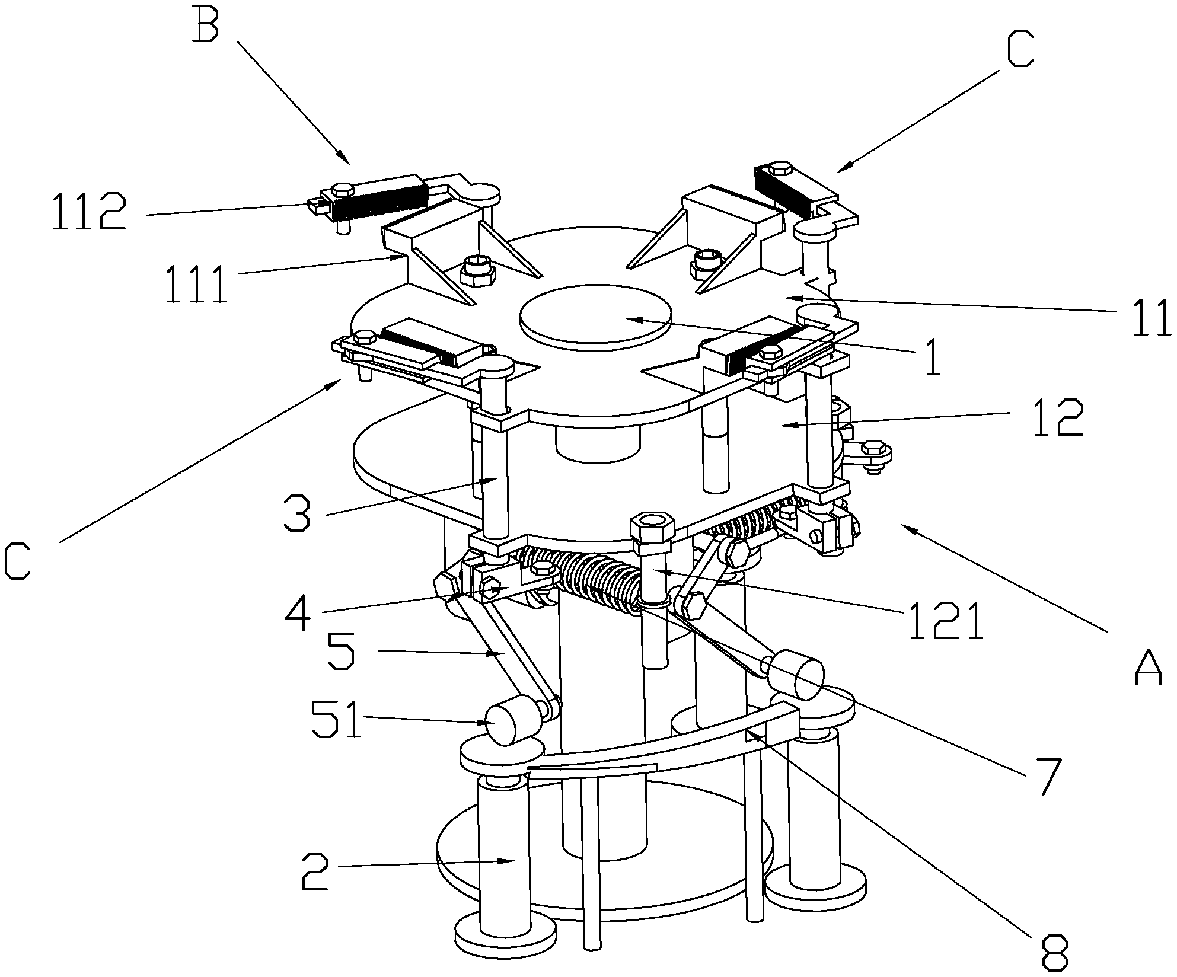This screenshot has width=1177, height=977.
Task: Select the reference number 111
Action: click(x=197, y=285)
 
